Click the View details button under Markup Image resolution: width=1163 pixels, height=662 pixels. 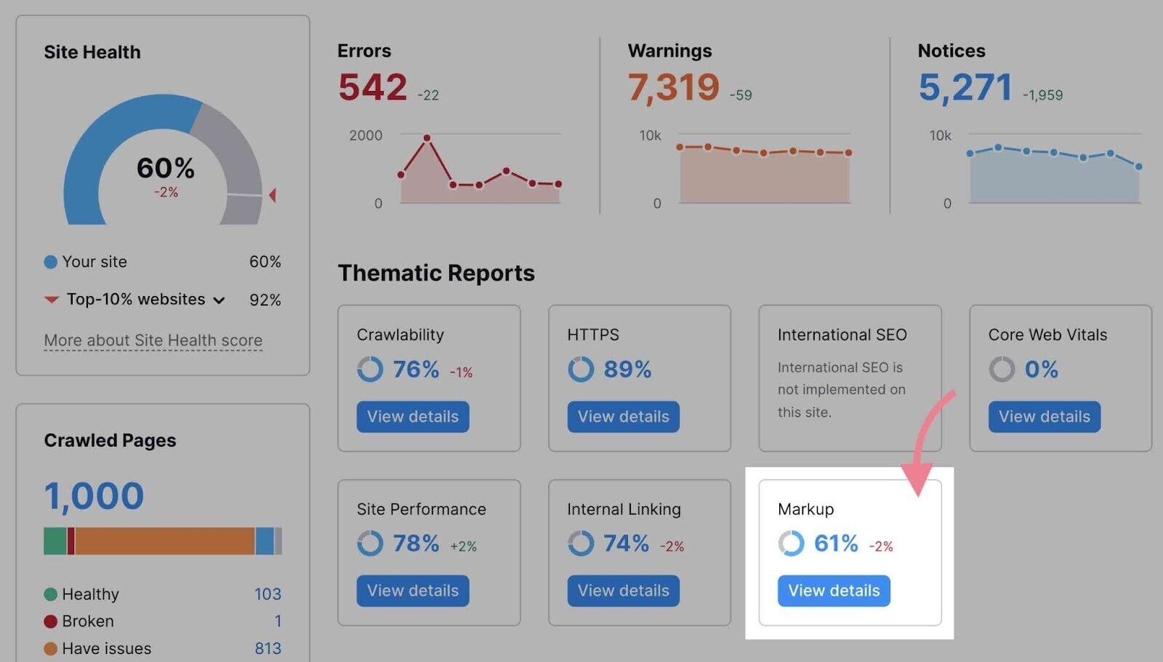pyautogui.click(x=834, y=591)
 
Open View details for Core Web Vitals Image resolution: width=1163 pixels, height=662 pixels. pyautogui.click(x=1044, y=417)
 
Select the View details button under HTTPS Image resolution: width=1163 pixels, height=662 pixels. pyautogui.click(x=623, y=417)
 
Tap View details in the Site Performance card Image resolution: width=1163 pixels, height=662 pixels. pyautogui.click(x=412, y=591)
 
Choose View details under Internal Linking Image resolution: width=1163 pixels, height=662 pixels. pyautogui.click(x=623, y=591)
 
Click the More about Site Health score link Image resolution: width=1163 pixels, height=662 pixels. pyautogui.click(x=153, y=340)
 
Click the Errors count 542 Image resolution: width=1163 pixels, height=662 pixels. pyautogui.click(x=372, y=87)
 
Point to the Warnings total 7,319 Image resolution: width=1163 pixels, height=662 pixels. pyautogui.click(x=673, y=87)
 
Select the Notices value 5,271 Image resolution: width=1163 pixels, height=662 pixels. pyautogui.click(x=965, y=87)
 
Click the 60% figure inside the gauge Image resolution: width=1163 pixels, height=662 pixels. pyautogui.click(x=166, y=168)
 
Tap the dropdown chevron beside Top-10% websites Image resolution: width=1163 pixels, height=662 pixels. pyautogui.click(x=219, y=300)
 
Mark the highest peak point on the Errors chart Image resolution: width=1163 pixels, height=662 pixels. pyautogui.click(x=427, y=137)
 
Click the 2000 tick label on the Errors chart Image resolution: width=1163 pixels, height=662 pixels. pyautogui.click(x=366, y=135)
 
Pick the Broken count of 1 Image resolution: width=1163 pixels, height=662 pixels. pyautogui.click(x=278, y=621)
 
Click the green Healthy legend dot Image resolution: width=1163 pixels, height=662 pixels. pyautogui.click(x=50, y=594)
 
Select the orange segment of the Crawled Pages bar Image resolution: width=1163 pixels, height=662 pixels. pyautogui.click(x=164, y=541)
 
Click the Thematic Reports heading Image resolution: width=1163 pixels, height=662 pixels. pyautogui.click(x=436, y=273)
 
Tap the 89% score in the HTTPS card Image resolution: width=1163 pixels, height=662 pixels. pyautogui.click(x=627, y=370)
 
